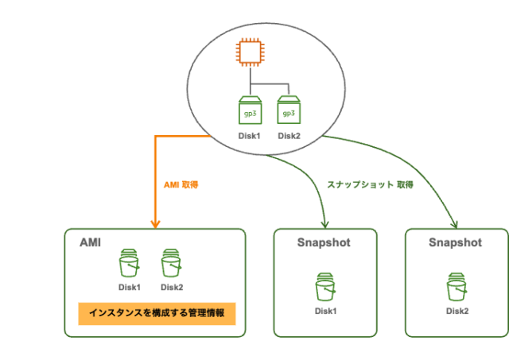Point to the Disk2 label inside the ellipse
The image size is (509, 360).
click(289, 136)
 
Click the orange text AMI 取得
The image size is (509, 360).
click(180, 184)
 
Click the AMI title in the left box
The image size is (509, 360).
click(90, 242)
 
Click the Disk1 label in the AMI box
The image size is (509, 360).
click(129, 288)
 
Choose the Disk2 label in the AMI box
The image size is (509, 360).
click(172, 288)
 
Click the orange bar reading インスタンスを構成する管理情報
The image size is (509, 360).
click(156, 313)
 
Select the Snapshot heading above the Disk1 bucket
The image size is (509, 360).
click(324, 242)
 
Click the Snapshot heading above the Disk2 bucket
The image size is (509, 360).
click(455, 242)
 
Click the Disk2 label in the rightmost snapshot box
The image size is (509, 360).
click(457, 311)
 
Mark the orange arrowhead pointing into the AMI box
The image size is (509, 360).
click(153, 223)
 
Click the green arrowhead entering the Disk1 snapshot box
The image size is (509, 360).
click(324, 224)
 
